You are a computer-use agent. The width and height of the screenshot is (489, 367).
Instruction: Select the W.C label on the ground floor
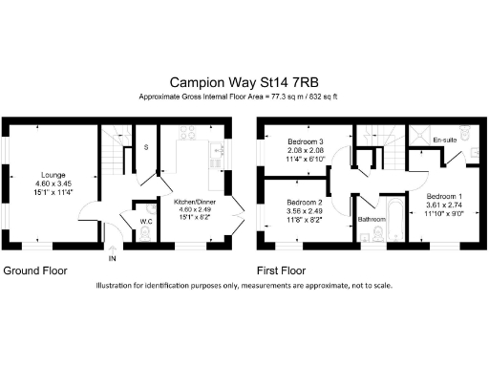pyautogui.click(x=146, y=222)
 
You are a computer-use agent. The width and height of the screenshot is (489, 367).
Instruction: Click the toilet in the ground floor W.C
pyautogui.click(x=146, y=208)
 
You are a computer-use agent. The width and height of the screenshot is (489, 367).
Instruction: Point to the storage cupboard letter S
pyautogui.click(x=146, y=147)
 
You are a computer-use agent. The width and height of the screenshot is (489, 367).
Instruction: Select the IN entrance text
pyautogui.click(x=113, y=259)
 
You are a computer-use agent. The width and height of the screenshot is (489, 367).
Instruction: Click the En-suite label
pyautogui.click(x=444, y=141)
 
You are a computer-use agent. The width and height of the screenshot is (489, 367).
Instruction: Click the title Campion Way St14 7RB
pyautogui.click(x=244, y=83)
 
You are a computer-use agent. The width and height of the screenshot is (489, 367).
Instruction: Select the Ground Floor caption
pyautogui.click(x=35, y=270)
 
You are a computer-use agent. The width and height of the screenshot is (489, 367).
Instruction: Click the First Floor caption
pyautogui.click(x=286, y=270)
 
